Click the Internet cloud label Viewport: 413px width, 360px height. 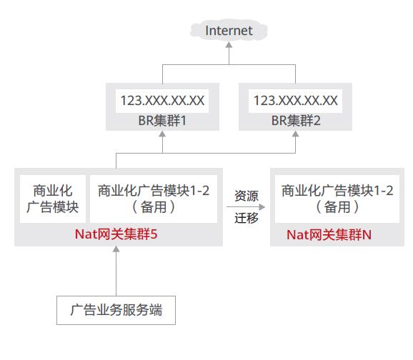[x=229, y=31]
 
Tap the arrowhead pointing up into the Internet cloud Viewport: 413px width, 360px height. [x=229, y=45]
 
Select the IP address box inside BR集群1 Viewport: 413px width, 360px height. [x=162, y=101]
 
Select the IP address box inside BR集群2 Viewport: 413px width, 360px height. [x=295, y=101]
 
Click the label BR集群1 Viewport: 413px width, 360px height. [x=162, y=121]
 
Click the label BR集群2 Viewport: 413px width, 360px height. [x=296, y=121]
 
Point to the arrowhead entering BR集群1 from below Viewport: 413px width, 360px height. [x=162, y=134]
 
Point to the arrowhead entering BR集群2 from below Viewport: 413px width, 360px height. [x=296, y=134]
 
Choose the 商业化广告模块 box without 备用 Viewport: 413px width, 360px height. [x=53, y=199]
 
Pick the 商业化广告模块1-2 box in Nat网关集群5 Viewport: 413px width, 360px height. [x=154, y=199]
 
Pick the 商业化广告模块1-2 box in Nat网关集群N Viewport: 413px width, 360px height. [x=337, y=199]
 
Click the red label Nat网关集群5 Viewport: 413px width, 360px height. [x=116, y=234]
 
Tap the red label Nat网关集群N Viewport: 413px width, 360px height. [x=329, y=235]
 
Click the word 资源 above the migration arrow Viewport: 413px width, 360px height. [x=247, y=196]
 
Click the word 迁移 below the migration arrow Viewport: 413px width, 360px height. [x=247, y=218]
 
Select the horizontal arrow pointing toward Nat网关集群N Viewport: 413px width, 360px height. [x=246, y=207]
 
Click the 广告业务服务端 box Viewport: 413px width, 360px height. [x=116, y=310]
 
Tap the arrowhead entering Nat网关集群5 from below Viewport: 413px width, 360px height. [x=116, y=249]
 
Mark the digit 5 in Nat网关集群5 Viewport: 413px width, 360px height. [x=154, y=234]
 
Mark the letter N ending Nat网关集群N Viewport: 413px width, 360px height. [x=367, y=235]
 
